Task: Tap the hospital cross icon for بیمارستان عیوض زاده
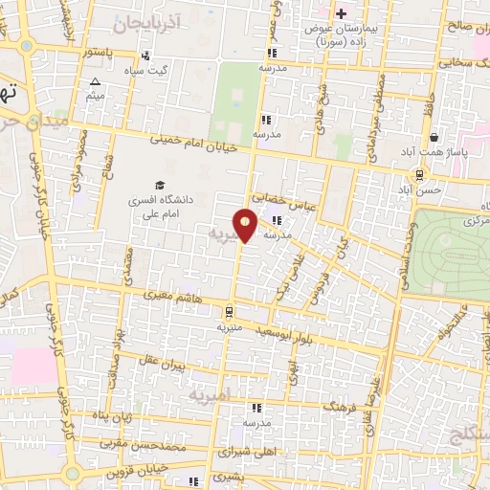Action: click(x=340, y=12)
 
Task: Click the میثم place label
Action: click(x=94, y=95)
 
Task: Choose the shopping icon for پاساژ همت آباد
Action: click(x=433, y=137)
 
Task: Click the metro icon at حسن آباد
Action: click(x=419, y=175)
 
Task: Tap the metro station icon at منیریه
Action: click(x=228, y=310)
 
